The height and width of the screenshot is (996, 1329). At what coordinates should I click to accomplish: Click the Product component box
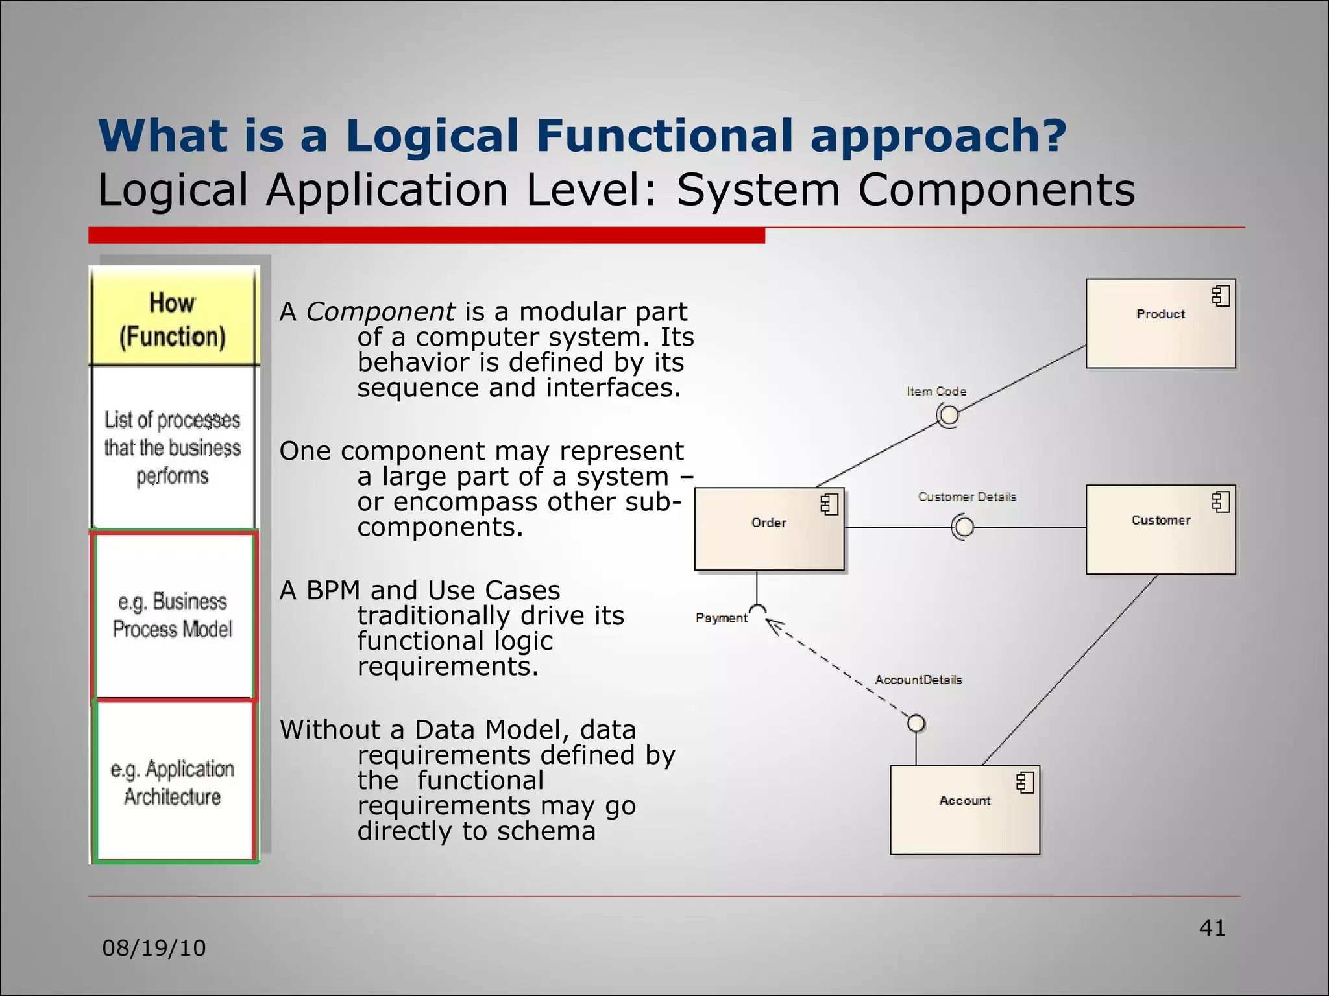1160,324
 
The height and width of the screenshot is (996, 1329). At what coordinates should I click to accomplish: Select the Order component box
769,529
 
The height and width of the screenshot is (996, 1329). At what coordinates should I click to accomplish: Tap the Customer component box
1160,529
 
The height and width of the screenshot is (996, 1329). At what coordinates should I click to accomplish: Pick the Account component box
964,810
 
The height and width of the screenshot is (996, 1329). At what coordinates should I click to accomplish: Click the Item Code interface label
936,392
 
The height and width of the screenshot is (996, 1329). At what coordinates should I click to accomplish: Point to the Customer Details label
966,497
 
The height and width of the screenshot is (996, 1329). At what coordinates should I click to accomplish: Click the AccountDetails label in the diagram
918,680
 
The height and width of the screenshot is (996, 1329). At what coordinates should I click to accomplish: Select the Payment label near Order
720,618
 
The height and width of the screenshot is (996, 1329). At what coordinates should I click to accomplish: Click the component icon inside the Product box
1221,296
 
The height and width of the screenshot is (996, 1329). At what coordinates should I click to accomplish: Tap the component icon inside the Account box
1025,783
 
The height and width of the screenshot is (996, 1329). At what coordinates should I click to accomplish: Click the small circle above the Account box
916,723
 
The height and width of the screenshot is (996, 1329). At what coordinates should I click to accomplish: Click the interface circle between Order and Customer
964,527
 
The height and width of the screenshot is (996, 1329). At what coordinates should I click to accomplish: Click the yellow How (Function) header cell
173,319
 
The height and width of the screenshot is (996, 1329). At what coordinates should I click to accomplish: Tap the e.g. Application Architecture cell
173,782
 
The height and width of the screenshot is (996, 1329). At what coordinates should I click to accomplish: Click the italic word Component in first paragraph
380,313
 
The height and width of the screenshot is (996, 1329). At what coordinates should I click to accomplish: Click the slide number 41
1212,928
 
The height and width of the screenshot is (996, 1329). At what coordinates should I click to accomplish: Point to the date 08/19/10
154,948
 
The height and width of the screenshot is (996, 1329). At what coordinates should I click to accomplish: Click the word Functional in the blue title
664,136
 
